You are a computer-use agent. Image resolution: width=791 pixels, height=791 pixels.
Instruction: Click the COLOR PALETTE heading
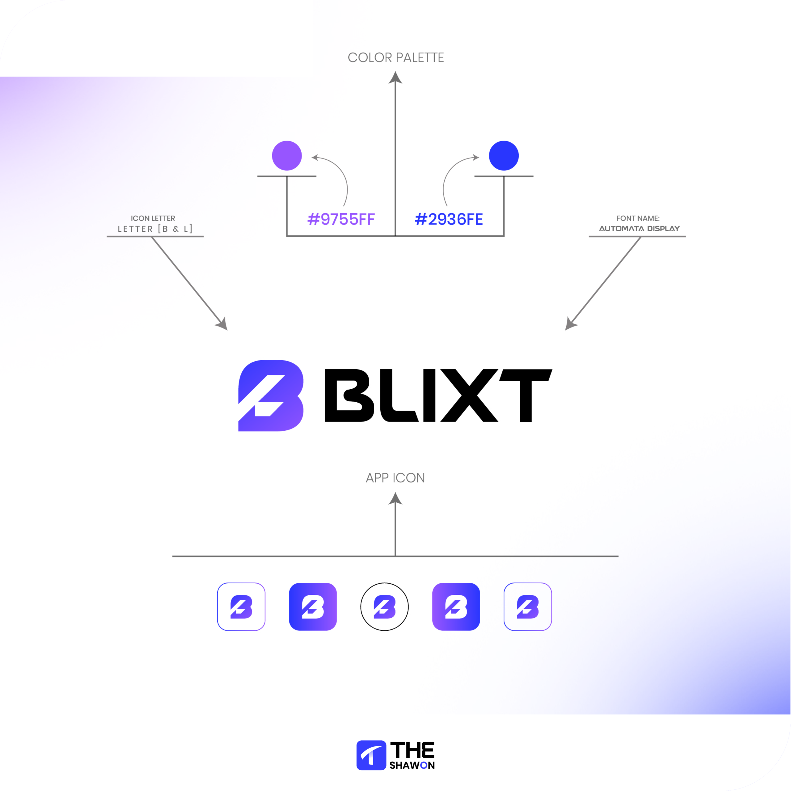tap(395, 58)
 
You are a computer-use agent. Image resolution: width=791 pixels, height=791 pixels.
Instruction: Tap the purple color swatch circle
tap(287, 156)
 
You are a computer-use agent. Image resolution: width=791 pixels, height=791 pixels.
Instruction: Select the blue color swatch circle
tap(504, 156)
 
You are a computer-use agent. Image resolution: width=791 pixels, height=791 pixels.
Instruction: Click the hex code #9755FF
tap(341, 219)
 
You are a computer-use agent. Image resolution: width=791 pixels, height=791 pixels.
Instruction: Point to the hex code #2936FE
tap(449, 219)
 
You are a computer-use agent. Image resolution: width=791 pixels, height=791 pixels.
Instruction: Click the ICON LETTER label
tap(153, 218)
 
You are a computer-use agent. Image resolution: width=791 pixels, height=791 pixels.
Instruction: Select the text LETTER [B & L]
tap(155, 229)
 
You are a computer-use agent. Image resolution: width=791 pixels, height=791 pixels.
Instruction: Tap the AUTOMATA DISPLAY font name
tap(639, 228)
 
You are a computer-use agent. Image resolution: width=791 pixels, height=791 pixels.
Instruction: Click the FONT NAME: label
tap(638, 218)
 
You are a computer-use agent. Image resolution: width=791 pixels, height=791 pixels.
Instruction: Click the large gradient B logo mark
tap(271, 395)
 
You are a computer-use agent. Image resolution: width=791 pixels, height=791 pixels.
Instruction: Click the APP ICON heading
tap(395, 478)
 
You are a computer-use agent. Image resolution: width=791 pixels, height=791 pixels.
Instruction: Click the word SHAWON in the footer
tap(412, 765)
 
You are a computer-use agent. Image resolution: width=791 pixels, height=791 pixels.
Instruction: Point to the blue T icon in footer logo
tap(371, 755)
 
